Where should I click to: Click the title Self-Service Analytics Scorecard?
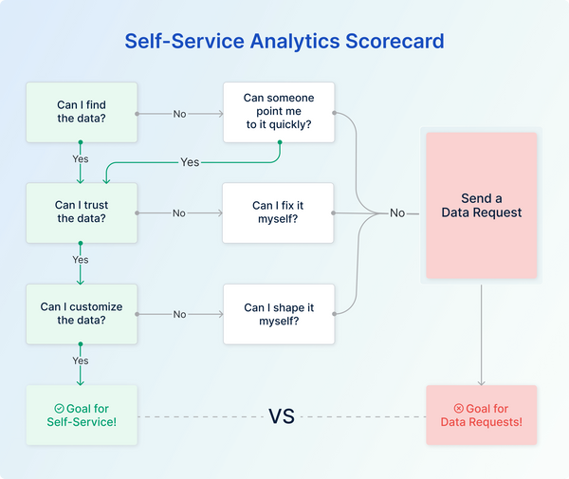point(284,42)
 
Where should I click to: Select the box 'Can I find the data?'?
point(81,112)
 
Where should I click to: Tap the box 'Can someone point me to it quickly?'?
point(278,112)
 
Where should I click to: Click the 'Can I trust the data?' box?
point(81,212)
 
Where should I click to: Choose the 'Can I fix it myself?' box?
point(278,212)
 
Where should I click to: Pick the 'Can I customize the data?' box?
point(81,314)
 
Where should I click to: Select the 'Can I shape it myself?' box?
point(278,314)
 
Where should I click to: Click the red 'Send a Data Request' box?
point(482,205)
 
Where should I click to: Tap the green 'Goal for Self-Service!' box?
point(81,415)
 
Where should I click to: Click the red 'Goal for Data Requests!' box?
point(482,415)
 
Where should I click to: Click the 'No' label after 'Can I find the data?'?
point(179,114)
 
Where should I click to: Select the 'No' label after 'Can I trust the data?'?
point(179,213)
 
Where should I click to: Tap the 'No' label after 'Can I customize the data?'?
point(179,314)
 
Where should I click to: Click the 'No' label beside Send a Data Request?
point(397,213)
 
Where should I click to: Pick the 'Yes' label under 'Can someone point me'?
point(190,162)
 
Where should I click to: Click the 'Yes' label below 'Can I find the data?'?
point(81,158)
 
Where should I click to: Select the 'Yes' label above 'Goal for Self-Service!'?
point(81,360)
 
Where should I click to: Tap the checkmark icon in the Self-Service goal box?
point(59,409)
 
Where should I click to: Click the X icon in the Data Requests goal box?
point(459,409)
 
